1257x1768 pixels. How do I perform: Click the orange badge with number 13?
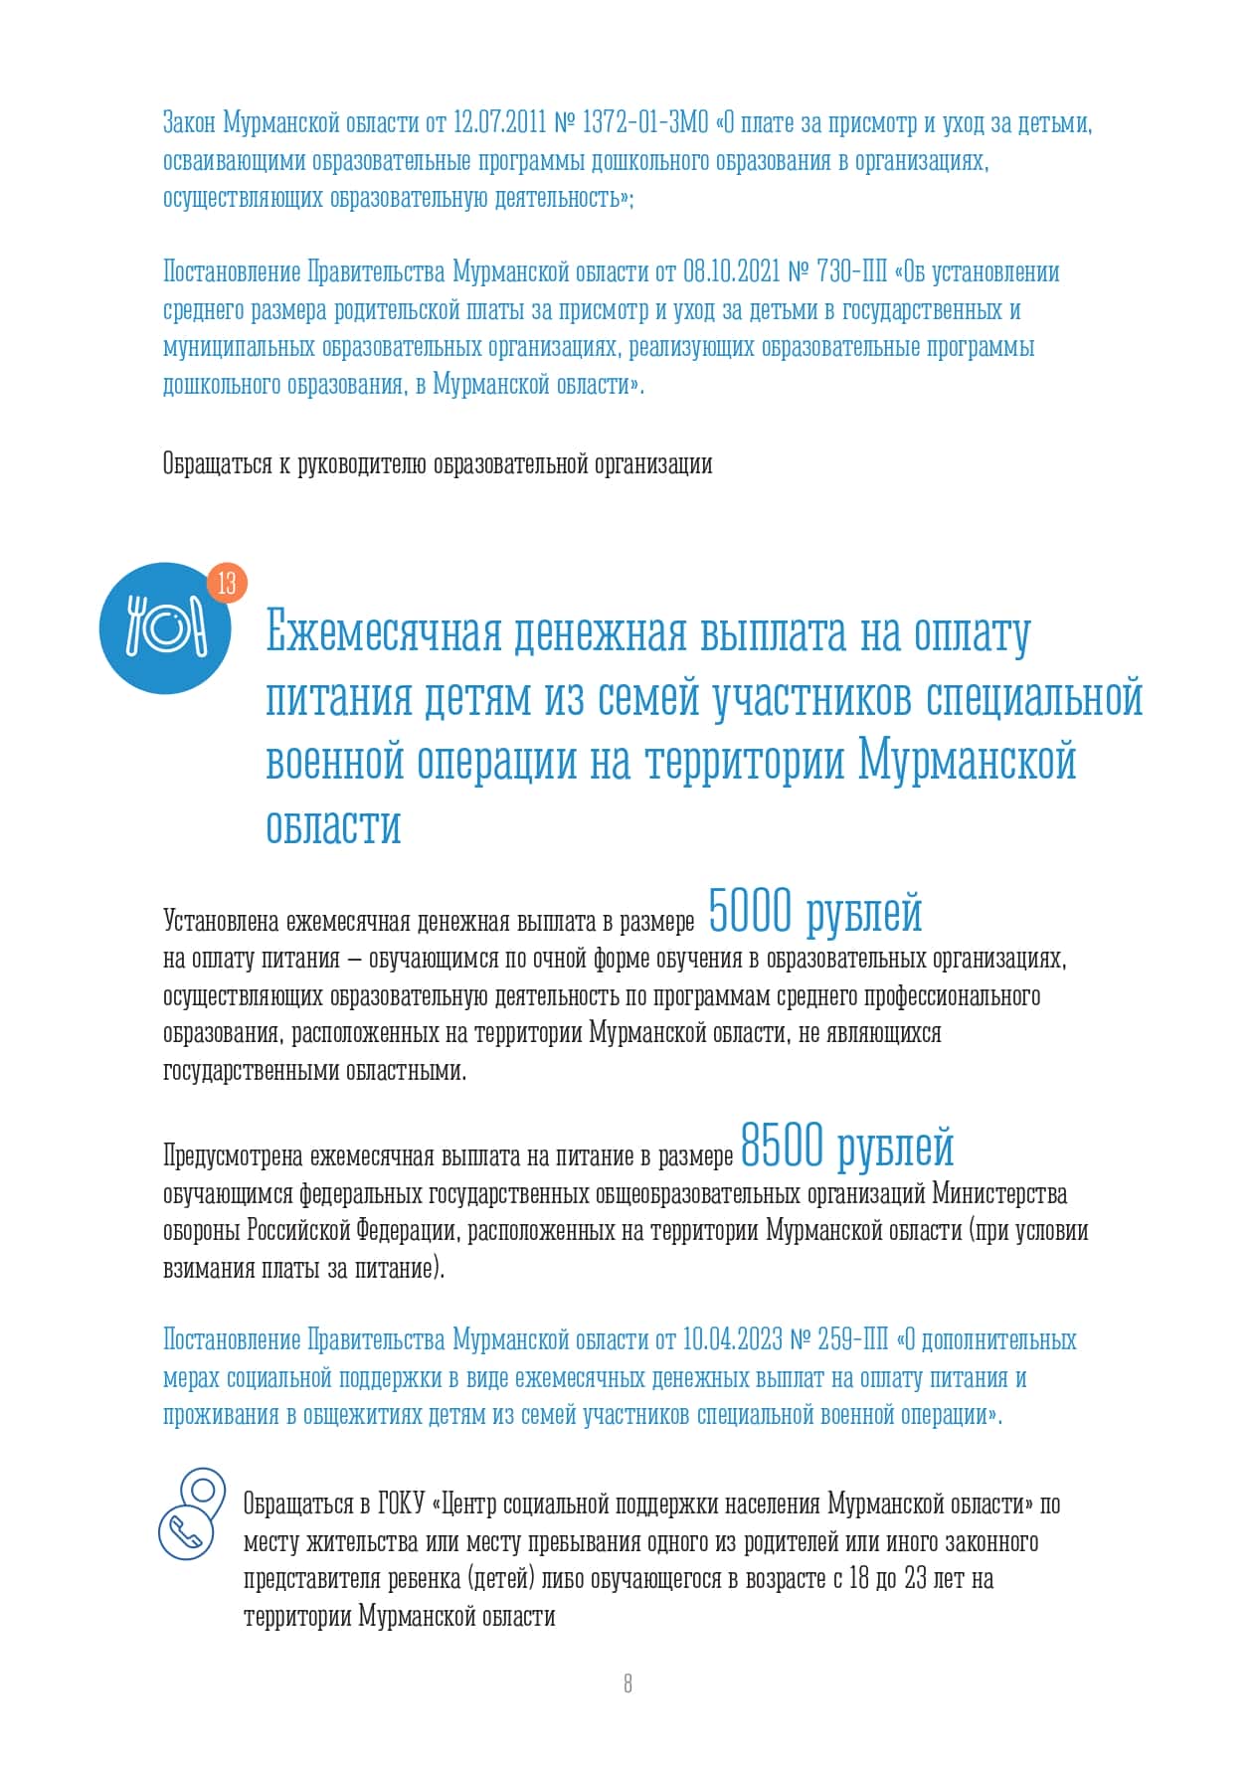(x=227, y=583)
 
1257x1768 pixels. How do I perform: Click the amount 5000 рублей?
(x=814, y=913)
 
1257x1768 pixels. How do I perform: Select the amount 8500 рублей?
(x=847, y=1147)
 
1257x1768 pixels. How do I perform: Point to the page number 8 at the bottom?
(x=628, y=1683)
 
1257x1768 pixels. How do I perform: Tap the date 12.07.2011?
(x=499, y=123)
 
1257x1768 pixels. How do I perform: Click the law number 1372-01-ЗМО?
(x=644, y=123)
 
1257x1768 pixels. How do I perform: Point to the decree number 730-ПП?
(x=851, y=272)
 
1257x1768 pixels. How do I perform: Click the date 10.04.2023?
(x=732, y=1340)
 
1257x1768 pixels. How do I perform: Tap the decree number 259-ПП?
(x=852, y=1340)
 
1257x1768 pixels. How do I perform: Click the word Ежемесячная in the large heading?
(x=383, y=633)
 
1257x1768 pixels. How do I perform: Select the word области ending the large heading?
(x=333, y=825)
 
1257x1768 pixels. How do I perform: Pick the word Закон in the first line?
(x=189, y=123)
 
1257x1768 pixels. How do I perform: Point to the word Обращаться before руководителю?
(x=217, y=464)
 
